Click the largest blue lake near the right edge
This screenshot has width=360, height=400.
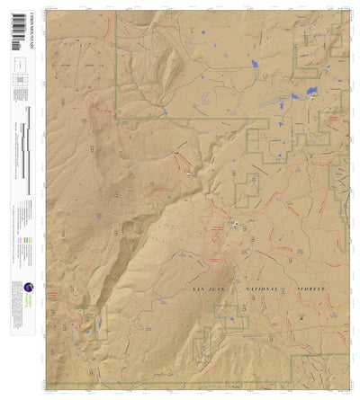[x=311, y=92]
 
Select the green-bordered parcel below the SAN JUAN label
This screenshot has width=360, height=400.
[x=230, y=315]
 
